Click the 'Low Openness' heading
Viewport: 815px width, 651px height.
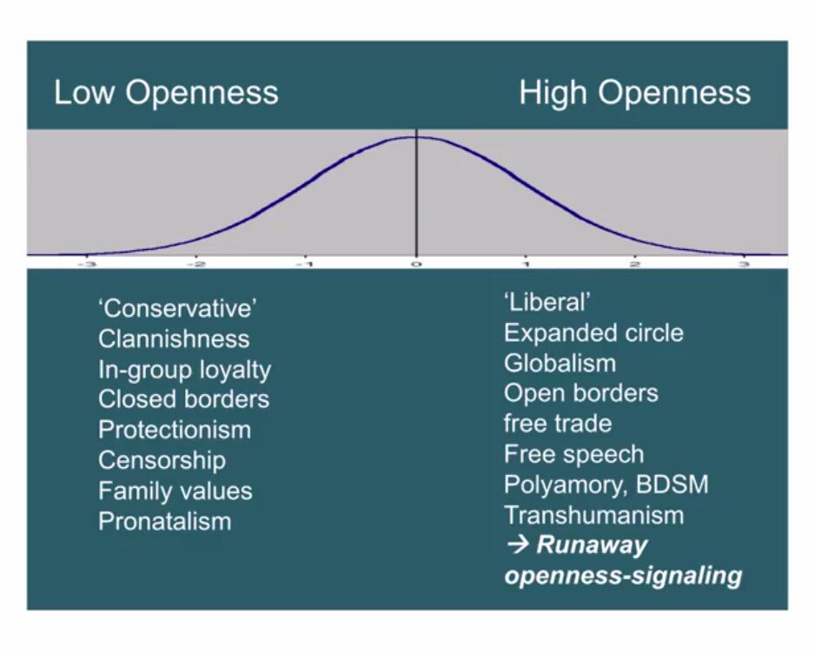pyautogui.click(x=166, y=93)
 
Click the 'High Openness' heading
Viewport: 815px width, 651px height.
pyautogui.click(x=634, y=93)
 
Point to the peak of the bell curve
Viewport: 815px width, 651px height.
pyautogui.click(x=415, y=137)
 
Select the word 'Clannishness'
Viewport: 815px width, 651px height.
pyautogui.click(x=174, y=339)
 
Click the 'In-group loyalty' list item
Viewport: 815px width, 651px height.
pyautogui.click(x=184, y=369)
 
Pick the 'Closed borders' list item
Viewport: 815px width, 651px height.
pyautogui.click(x=183, y=399)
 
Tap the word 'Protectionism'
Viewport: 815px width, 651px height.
pyautogui.click(x=175, y=430)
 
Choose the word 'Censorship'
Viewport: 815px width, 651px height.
pyautogui.click(x=162, y=460)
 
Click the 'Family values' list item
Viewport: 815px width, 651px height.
pyautogui.click(x=175, y=490)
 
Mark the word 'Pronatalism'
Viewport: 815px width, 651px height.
pyautogui.click(x=164, y=521)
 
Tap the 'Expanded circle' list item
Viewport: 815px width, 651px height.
pyautogui.click(x=593, y=332)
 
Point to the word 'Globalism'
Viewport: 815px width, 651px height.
pyautogui.click(x=560, y=363)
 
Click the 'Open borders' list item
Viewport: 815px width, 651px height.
pyautogui.click(x=580, y=393)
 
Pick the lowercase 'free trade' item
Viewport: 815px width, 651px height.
pyautogui.click(x=558, y=424)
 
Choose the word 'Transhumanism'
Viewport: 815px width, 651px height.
pyautogui.click(x=593, y=515)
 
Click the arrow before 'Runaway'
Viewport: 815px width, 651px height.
pyautogui.click(x=516, y=546)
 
